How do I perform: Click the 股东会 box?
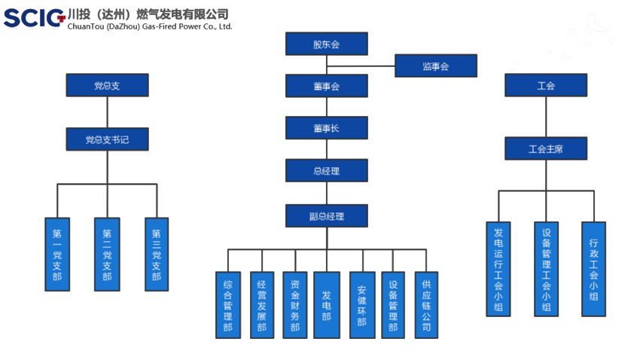[x=326, y=44]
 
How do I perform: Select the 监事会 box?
[x=435, y=66]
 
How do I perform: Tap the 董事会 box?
[x=326, y=86]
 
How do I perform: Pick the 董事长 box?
[x=326, y=128]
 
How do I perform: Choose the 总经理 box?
[x=326, y=171]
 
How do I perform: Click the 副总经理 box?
[x=326, y=216]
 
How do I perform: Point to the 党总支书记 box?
[x=106, y=139]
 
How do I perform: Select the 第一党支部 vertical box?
[x=57, y=255]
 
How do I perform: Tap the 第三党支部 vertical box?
[x=157, y=255]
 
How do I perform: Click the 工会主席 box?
[x=545, y=149]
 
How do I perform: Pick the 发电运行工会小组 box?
[x=498, y=269]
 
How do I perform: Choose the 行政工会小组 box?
[x=593, y=269]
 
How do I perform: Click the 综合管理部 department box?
[x=228, y=305]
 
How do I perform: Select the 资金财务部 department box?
[x=294, y=305]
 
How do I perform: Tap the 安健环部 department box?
[x=361, y=305]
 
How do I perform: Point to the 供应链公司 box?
[x=426, y=305]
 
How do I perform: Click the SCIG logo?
[x=34, y=17]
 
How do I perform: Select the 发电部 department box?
[x=326, y=305]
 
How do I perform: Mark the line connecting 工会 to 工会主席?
[x=545, y=117]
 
